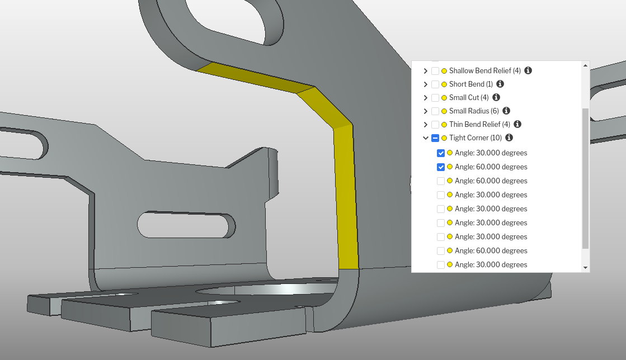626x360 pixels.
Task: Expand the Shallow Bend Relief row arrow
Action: (426, 71)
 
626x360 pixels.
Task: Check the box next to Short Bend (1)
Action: (435, 84)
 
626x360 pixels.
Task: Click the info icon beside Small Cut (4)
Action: (496, 97)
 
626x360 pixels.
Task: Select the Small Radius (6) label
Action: (474, 111)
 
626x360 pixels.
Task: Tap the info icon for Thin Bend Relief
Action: (517, 124)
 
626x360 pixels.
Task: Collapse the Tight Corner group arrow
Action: (426, 138)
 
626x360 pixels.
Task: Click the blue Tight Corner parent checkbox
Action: (435, 138)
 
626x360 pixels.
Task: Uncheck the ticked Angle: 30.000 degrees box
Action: (441, 153)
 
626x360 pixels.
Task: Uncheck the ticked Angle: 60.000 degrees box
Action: (441, 167)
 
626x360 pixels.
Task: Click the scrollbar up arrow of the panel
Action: (586, 65)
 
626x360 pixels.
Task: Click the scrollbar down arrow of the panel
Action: (586, 268)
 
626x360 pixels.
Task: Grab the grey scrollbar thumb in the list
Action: (586, 178)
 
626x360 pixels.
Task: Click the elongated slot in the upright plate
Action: (186, 225)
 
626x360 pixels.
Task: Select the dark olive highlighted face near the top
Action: (256, 78)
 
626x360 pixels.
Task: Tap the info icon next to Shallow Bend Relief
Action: (528, 70)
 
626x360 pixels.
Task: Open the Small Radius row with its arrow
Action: (426, 111)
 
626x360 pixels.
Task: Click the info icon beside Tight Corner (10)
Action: (509, 138)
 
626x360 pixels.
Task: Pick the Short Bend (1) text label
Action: (471, 84)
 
